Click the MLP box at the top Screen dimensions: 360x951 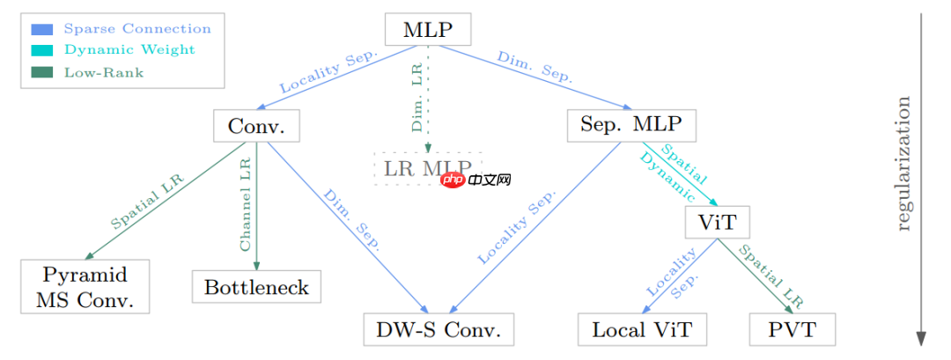pyautogui.click(x=428, y=30)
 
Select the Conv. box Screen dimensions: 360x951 pyautogui.click(x=256, y=126)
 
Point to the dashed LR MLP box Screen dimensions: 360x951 pyautogui.click(x=428, y=168)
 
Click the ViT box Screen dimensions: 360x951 pyautogui.click(x=717, y=221)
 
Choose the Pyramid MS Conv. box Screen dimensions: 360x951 pyautogui.click(x=85, y=287)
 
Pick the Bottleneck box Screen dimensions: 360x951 pyautogui.click(x=256, y=287)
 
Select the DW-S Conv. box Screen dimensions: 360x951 pyautogui.click(x=439, y=330)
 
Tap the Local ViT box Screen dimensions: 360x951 pyautogui.click(x=642, y=330)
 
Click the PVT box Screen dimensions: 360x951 pyautogui.click(x=792, y=330)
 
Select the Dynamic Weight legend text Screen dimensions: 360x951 pyautogui.click(x=129, y=50)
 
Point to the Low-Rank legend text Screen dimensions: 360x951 pyautogui.click(x=104, y=72)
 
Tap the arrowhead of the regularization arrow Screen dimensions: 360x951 pyautogui.click(x=921, y=340)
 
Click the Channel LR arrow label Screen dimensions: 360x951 pyautogui.click(x=246, y=204)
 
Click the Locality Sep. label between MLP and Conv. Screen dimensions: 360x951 pyautogui.click(x=328, y=72)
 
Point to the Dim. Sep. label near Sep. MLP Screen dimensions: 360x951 pyautogui.click(x=534, y=68)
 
